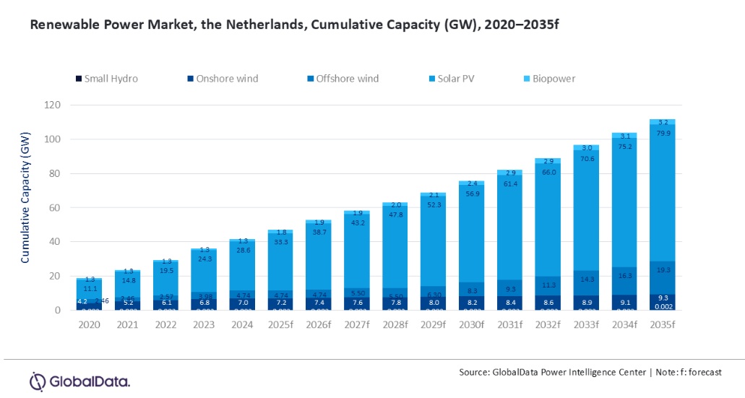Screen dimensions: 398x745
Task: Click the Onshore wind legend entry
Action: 222,78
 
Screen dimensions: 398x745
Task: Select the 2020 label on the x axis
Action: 90,325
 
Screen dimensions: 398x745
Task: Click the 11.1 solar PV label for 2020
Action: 90,288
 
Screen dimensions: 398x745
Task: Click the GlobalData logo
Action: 79,381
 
